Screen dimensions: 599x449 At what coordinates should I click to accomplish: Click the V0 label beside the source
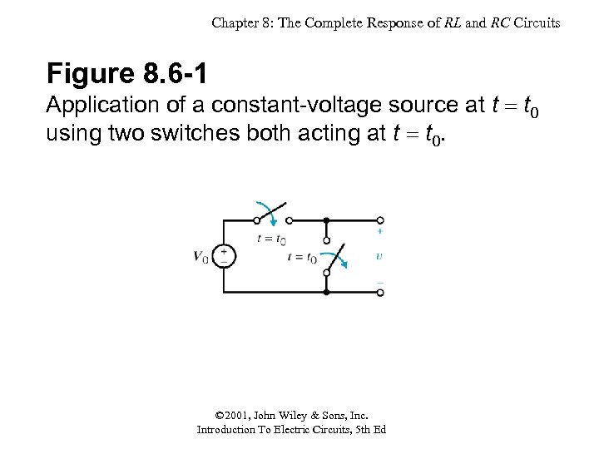pos(201,257)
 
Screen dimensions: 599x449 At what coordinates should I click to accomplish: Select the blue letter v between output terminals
pos(379,256)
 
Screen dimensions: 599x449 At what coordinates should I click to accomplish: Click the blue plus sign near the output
pos(379,232)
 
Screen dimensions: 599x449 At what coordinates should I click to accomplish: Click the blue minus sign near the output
pos(379,283)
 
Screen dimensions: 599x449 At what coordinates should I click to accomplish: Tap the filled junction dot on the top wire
pos(326,221)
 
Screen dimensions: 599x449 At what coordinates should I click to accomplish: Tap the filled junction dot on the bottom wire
pos(326,293)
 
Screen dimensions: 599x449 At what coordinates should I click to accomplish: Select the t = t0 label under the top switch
pos(271,239)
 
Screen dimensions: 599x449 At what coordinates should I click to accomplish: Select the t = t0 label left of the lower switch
pos(301,258)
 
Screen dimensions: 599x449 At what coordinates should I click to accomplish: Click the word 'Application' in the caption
pos(98,106)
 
